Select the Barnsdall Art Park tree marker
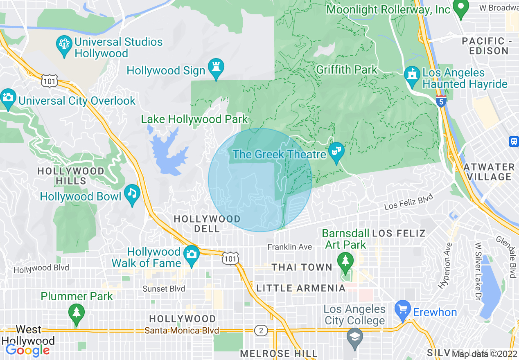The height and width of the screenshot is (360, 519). tap(346, 260)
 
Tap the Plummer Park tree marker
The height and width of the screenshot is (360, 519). tap(76, 313)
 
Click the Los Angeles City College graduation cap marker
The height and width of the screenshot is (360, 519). tap(354, 337)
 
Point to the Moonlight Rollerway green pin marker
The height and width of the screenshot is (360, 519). tap(461, 8)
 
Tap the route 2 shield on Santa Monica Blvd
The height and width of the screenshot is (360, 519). tap(261, 330)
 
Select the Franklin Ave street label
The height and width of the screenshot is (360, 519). tap(290, 247)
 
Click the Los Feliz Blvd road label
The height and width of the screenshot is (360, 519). tap(408, 202)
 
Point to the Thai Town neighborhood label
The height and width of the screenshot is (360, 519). tap(302, 267)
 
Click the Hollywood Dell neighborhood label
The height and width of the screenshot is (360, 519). tap(207, 224)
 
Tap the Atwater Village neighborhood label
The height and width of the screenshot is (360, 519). tap(489, 172)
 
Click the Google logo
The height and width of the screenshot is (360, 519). tap(28, 350)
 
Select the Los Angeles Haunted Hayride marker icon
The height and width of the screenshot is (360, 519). tap(412, 74)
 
